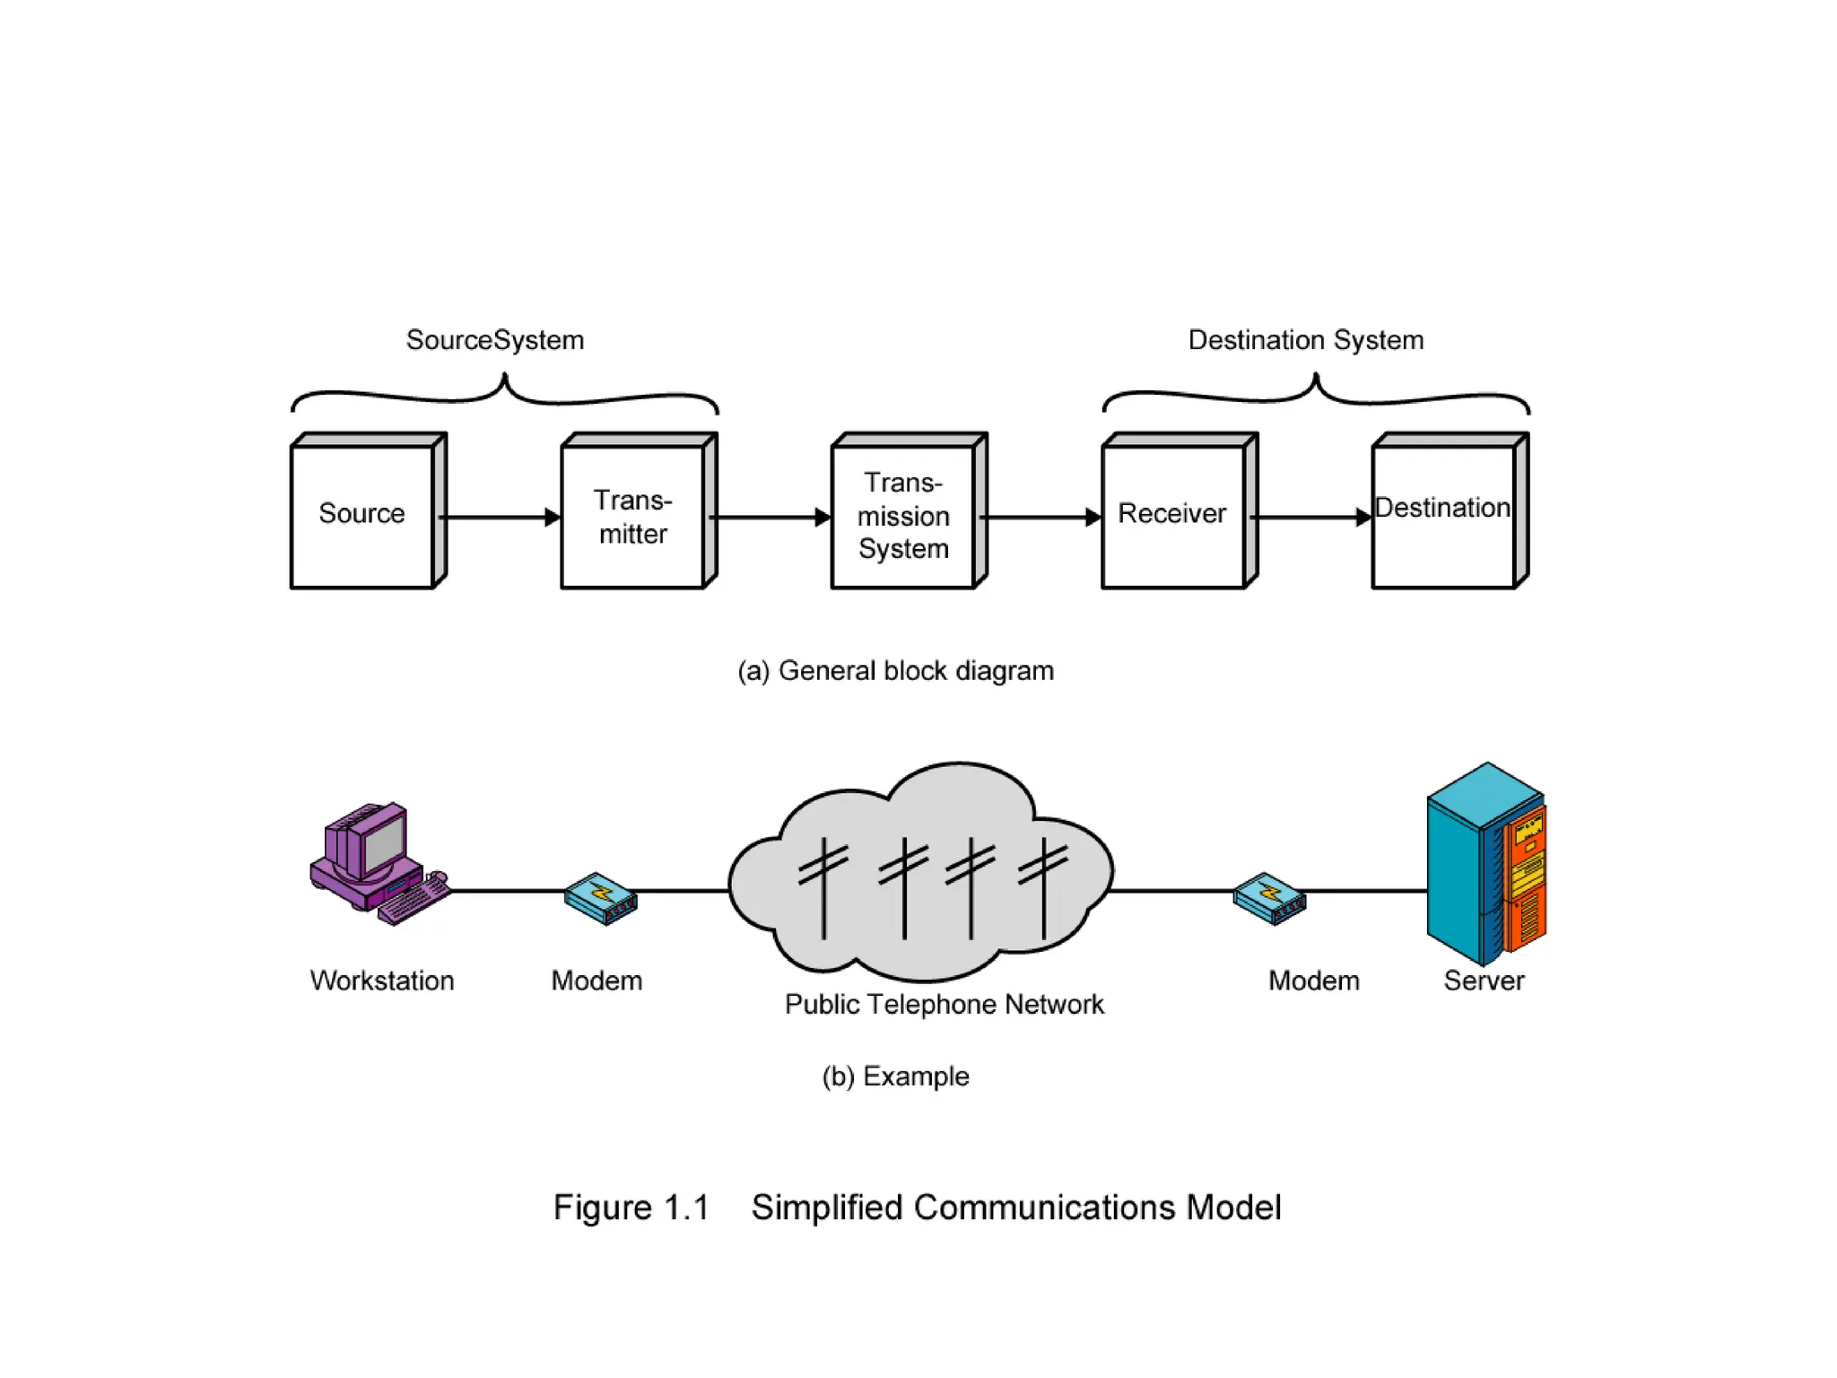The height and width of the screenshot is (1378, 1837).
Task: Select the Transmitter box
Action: (x=633, y=517)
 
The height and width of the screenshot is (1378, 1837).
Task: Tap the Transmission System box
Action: (x=903, y=517)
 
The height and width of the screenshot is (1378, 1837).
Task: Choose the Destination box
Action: (x=1443, y=513)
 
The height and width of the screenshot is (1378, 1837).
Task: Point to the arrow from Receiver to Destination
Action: (x=1310, y=518)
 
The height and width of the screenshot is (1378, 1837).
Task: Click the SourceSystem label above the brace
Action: (x=495, y=341)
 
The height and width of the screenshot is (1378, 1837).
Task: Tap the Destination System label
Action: (x=1306, y=341)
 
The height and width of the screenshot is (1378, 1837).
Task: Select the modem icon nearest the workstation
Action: (x=601, y=898)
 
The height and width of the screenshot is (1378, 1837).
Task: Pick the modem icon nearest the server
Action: (x=1269, y=898)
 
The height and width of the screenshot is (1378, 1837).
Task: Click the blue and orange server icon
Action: (x=1486, y=863)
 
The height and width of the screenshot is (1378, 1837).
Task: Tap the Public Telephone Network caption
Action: (x=944, y=1005)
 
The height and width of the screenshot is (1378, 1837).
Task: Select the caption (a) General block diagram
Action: (x=895, y=671)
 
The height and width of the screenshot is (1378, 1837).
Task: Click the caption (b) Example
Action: (x=895, y=1077)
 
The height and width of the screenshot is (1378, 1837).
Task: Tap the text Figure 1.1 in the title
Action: (x=631, y=1208)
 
